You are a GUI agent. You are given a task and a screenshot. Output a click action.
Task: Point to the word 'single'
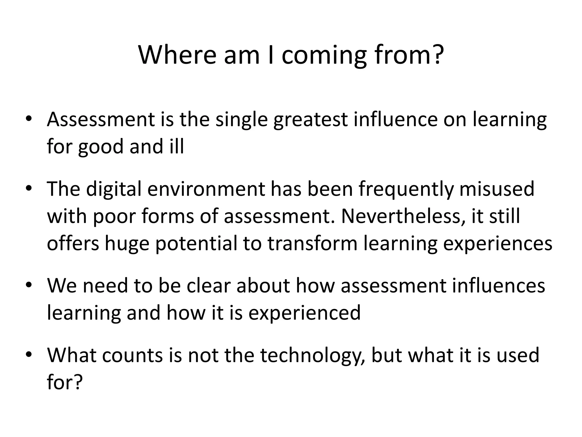coord(242,120)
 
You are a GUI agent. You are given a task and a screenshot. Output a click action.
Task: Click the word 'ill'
coord(177,147)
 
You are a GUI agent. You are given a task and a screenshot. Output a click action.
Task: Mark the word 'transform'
coord(313,244)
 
